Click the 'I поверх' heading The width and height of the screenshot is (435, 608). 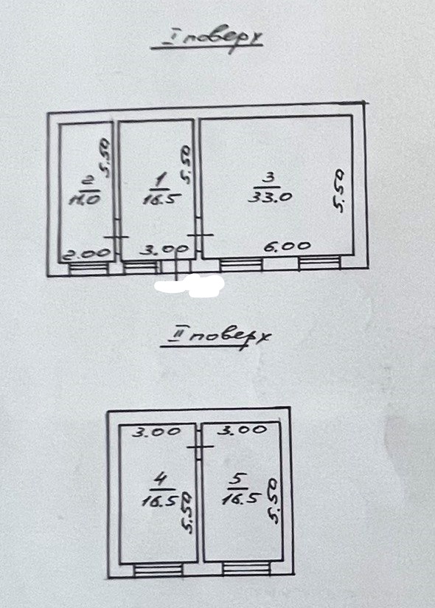click(x=206, y=41)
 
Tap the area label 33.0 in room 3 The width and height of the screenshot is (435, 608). click(x=270, y=197)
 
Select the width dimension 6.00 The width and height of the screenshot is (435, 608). click(x=287, y=246)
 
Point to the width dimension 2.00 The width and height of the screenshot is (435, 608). click(x=87, y=254)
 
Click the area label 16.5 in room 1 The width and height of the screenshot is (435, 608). click(x=161, y=199)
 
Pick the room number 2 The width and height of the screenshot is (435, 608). click(x=88, y=181)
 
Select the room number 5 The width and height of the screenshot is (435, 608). click(x=237, y=480)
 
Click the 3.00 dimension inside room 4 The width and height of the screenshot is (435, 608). click(x=156, y=432)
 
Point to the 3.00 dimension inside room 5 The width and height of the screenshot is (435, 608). click(x=243, y=429)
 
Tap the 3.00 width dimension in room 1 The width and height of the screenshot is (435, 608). click(x=164, y=249)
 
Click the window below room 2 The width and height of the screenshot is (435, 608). click(x=88, y=268)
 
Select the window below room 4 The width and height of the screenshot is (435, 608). click(x=158, y=570)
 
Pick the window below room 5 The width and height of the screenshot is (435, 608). click(x=246, y=568)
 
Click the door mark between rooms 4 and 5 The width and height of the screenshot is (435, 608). click(x=200, y=446)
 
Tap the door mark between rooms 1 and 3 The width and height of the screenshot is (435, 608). click(x=200, y=235)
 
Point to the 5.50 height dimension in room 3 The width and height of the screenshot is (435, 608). click(x=338, y=191)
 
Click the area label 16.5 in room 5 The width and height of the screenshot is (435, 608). click(x=240, y=499)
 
